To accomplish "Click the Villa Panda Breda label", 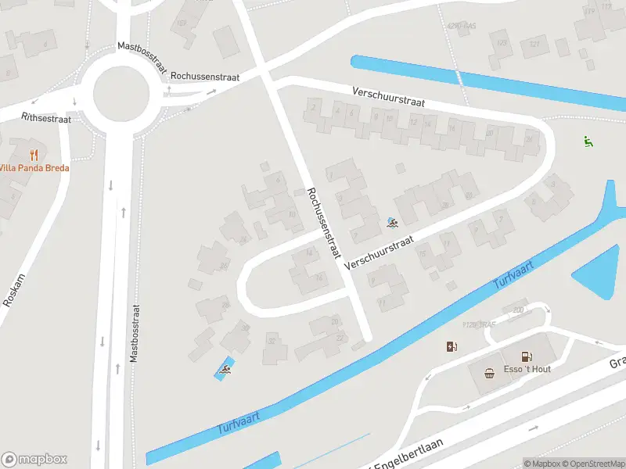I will pos(34,168).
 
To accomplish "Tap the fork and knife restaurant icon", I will pos(34,154).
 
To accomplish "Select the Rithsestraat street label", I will pos(47,118).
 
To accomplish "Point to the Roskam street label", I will pos(14,289).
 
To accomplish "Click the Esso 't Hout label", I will pos(528,369).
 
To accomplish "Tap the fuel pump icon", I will pos(452,346).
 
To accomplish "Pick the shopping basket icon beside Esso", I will pos(490,372).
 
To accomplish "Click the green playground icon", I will pos(588,141).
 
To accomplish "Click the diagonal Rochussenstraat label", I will pos(324,224).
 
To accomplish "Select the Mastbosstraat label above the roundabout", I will pos(142,58).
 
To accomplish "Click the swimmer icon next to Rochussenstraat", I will pos(392,224).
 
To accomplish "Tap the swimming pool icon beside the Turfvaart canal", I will pos(225,369).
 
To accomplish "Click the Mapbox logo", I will pos(34,460).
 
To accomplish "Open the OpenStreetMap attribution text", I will pos(595,464).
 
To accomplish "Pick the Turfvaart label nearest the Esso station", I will pos(513,277).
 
